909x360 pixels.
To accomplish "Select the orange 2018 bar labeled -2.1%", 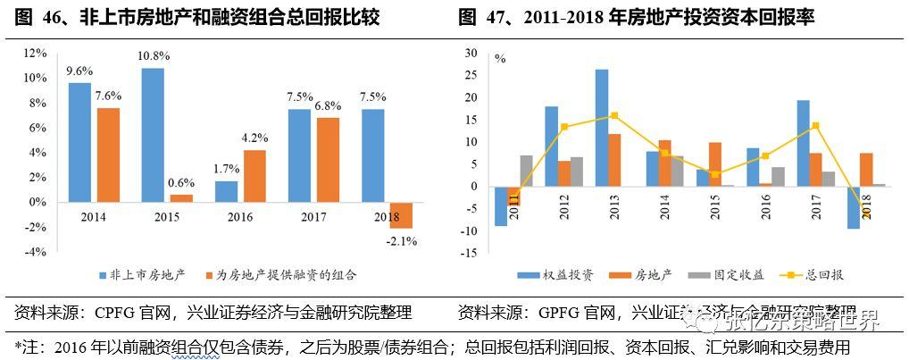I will tap(401, 215).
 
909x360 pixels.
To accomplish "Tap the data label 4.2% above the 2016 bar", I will tap(254, 138).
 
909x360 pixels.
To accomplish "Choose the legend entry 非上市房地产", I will tap(143, 274).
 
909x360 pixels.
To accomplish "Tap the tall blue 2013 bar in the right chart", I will tap(602, 128).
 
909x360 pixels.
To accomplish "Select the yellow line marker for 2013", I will tap(614, 115).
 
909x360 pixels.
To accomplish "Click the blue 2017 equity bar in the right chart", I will tap(803, 143).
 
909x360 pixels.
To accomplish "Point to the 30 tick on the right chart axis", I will tap(472, 54).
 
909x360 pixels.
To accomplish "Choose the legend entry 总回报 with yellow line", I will tap(799, 274).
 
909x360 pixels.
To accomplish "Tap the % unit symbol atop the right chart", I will tap(500, 60).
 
